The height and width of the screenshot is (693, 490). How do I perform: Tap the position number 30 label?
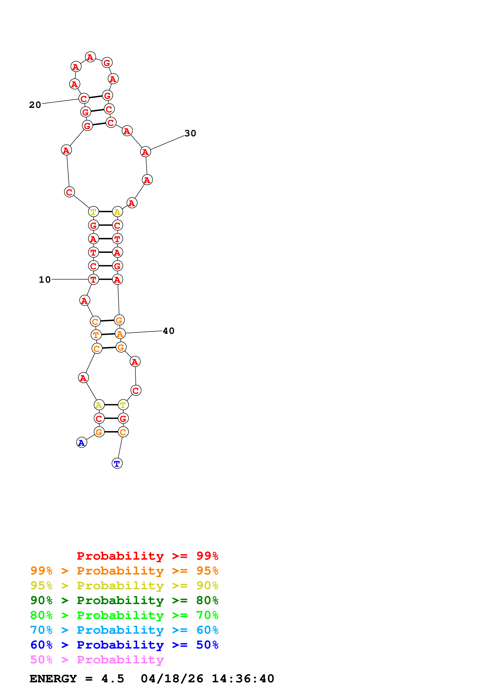[190, 133]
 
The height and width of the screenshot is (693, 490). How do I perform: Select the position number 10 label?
[45, 280]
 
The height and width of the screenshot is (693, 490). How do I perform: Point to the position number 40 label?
[168, 331]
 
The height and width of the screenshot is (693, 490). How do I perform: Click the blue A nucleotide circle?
[81, 443]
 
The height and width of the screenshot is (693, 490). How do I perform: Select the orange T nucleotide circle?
[96, 335]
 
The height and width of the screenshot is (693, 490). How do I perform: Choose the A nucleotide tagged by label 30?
[145, 152]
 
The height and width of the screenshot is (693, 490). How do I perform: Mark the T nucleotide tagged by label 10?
[93, 280]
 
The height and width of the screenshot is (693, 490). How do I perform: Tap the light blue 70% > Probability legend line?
[124, 630]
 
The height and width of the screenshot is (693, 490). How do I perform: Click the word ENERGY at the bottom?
[53, 679]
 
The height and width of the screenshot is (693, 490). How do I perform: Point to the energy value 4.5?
[113, 679]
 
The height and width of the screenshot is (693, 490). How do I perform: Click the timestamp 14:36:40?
[243, 679]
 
